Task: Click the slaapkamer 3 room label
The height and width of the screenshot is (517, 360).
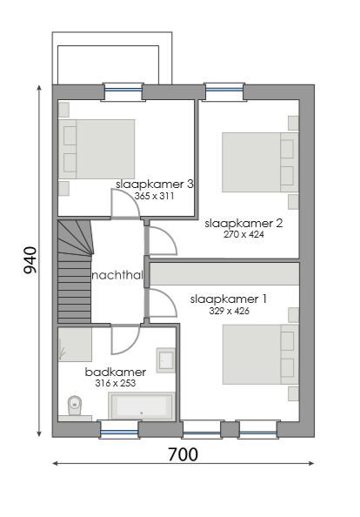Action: (x=154, y=185)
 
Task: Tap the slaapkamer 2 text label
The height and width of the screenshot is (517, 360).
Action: (x=243, y=223)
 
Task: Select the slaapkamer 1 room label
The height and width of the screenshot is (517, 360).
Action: (x=228, y=299)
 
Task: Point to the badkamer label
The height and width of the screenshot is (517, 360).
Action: (x=115, y=372)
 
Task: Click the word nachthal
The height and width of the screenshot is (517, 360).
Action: (x=117, y=276)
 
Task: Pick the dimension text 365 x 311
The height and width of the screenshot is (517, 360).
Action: (x=155, y=197)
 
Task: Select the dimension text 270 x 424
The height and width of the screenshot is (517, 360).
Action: (x=243, y=234)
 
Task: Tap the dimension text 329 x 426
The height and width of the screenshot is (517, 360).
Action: (x=229, y=310)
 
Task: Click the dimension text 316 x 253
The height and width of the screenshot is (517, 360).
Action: (x=116, y=383)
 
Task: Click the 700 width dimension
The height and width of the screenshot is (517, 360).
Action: (x=182, y=454)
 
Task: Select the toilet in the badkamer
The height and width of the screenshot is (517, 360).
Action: (x=76, y=406)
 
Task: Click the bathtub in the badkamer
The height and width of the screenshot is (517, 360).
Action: (x=141, y=406)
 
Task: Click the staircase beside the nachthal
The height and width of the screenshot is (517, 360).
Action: (x=74, y=270)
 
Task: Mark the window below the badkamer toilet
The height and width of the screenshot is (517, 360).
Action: (x=118, y=428)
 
